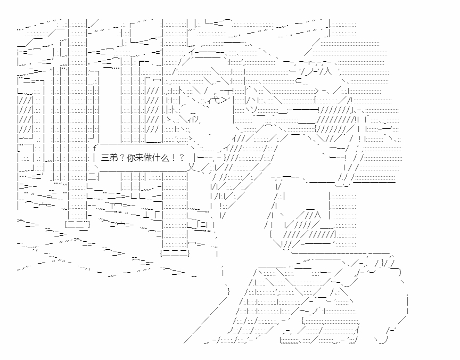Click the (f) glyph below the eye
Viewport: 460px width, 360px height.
[x=193, y=119]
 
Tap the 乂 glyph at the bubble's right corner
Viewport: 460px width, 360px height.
[x=192, y=167]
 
